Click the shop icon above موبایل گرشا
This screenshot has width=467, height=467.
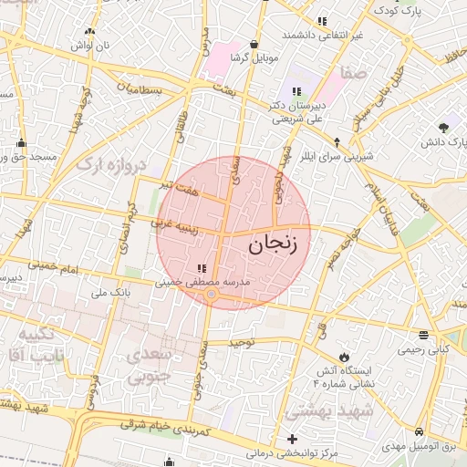(x=253, y=43)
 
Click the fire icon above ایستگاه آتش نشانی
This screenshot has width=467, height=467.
(x=343, y=355)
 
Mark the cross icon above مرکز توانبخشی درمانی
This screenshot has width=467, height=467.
(x=292, y=439)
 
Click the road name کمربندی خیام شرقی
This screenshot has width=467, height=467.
(x=167, y=425)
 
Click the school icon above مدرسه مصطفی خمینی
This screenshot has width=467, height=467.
(x=201, y=268)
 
